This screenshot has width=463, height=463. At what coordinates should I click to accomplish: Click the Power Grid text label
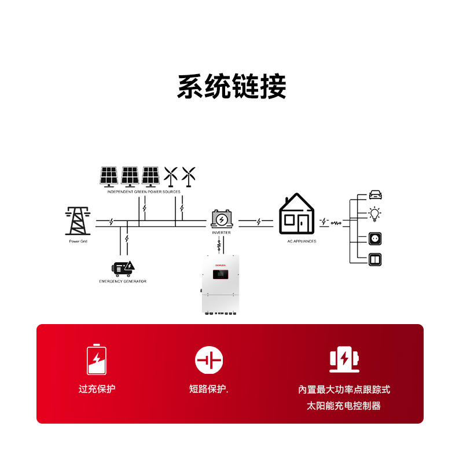click(x=78, y=241)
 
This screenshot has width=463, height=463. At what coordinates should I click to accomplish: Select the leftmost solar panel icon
click(x=109, y=176)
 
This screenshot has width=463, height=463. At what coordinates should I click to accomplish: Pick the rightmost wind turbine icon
click(x=189, y=175)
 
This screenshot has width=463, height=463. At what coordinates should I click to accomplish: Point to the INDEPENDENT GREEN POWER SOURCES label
click(x=144, y=191)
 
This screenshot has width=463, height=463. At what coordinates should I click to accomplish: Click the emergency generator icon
click(x=123, y=267)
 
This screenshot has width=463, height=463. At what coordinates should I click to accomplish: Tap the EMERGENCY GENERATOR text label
click(x=123, y=281)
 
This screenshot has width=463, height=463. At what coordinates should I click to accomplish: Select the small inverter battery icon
click(x=221, y=219)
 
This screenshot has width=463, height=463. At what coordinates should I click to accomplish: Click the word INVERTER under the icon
click(x=221, y=232)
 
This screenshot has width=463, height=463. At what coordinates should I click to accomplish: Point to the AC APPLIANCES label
click(x=302, y=241)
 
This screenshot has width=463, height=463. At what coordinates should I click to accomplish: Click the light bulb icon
click(x=376, y=214)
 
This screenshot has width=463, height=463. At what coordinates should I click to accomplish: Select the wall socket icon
click(x=376, y=238)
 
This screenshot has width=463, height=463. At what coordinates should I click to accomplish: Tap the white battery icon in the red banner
click(x=97, y=360)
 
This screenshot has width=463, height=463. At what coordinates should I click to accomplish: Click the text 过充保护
click(x=97, y=389)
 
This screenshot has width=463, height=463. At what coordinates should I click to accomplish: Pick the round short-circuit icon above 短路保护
click(x=209, y=360)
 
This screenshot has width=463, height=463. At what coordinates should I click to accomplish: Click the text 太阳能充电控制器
click(x=344, y=406)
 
